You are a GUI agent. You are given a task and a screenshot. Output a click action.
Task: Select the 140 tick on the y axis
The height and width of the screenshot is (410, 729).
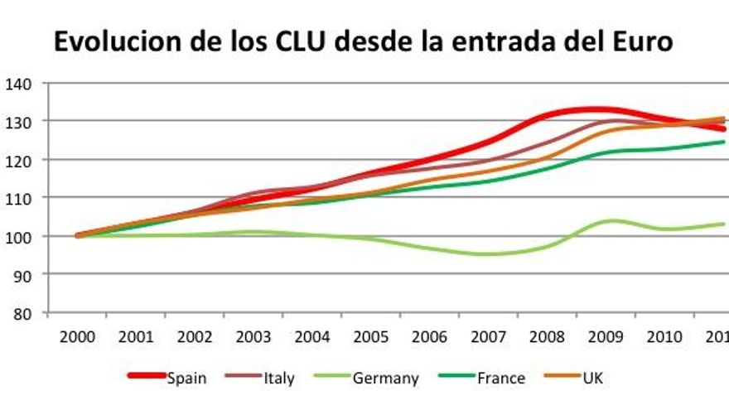click(x=18, y=83)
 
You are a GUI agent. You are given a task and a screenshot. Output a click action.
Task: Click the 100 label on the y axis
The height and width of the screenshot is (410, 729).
click(x=18, y=236)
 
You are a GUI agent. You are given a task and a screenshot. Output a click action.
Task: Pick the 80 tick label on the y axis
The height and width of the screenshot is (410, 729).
click(x=22, y=313)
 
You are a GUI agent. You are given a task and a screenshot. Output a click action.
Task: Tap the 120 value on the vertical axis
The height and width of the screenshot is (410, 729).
click(x=18, y=160)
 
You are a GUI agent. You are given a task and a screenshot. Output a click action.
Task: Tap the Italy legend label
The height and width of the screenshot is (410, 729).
click(x=279, y=379)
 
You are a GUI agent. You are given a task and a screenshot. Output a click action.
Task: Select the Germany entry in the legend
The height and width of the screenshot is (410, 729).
click(x=385, y=379)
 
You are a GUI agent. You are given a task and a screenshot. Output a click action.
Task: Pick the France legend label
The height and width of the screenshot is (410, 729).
click(x=500, y=379)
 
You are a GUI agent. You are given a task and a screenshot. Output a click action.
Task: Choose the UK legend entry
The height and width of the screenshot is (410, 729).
click(x=592, y=379)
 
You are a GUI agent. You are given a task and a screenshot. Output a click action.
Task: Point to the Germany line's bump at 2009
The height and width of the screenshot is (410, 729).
click(x=611, y=220)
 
